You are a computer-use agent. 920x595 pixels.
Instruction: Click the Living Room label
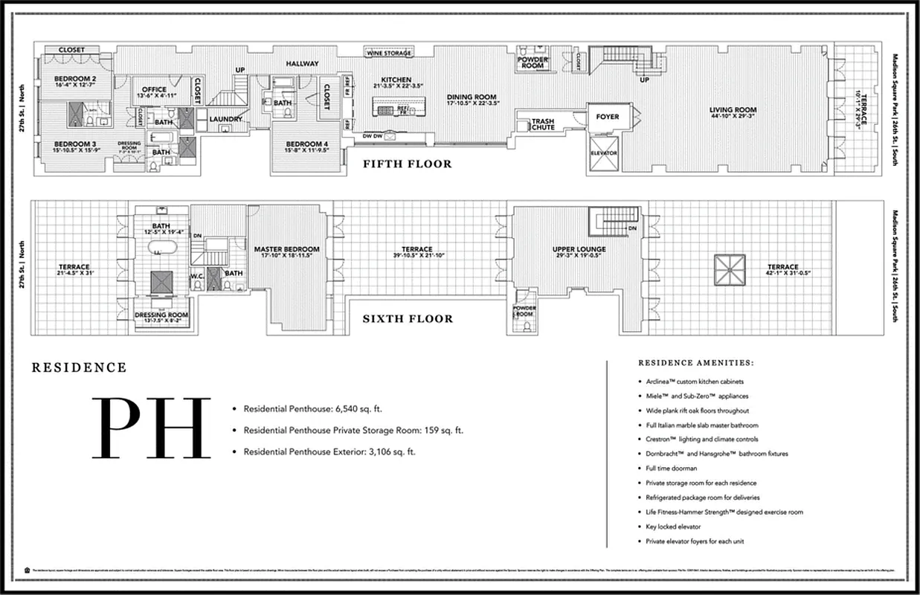tap(733, 110)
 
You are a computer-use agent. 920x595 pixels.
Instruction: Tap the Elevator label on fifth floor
tap(604, 153)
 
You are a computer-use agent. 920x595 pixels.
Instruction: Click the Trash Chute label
tap(543, 124)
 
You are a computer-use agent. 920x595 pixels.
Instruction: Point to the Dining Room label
tap(472, 97)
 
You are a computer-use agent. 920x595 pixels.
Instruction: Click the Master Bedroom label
tap(286, 249)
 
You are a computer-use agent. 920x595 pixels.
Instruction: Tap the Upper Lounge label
tap(579, 249)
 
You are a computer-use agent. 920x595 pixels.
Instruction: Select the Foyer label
tap(608, 117)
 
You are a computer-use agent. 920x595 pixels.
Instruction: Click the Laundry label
tap(225, 119)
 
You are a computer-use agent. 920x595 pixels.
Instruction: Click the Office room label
tap(154, 90)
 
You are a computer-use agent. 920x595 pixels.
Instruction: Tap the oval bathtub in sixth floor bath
tap(158, 248)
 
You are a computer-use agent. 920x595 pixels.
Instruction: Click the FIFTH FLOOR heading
tap(407, 164)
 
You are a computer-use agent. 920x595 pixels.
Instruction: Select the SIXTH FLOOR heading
tap(407, 318)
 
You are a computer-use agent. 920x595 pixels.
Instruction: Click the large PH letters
tap(152, 428)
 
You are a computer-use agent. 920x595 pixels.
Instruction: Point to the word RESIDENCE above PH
tap(80, 367)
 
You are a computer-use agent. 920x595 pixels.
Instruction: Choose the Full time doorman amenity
tap(672, 468)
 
